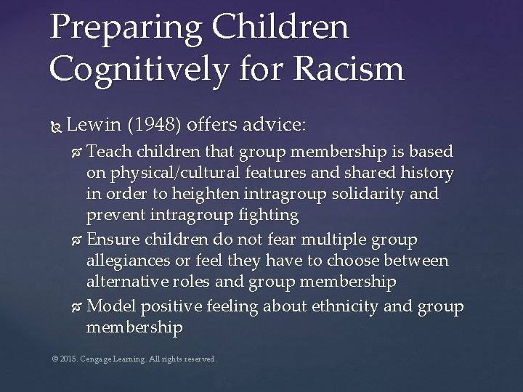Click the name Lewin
92,125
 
